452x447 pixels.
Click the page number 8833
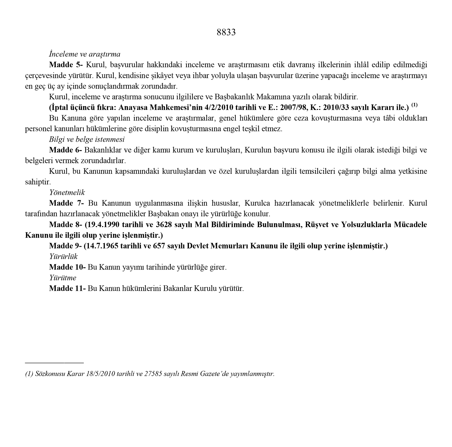point(226,32)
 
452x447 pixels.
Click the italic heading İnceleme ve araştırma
point(85,54)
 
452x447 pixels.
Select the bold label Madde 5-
point(66,65)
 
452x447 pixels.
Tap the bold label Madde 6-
point(65,150)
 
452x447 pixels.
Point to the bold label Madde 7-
point(66,203)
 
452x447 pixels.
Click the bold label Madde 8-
point(66,225)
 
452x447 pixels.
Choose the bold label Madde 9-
point(65,246)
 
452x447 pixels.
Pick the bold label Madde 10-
point(67,267)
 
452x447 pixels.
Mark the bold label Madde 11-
point(67,288)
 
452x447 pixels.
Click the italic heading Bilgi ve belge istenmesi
point(87,139)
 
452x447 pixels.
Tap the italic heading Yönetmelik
point(67,192)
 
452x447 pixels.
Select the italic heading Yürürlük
point(63,256)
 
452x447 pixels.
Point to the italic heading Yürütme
point(63,278)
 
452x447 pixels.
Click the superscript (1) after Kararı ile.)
point(414,105)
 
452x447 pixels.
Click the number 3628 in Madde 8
point(164,225)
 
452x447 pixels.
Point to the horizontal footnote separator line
point(54,363)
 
